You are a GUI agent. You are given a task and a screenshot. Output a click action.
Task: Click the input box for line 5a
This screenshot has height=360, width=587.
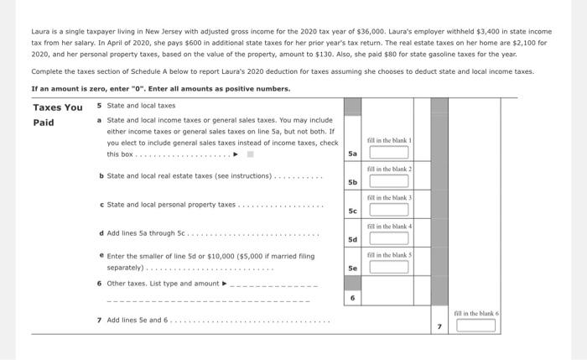[389, 153]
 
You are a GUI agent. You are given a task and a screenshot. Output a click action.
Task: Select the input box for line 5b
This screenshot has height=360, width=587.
[389, 181]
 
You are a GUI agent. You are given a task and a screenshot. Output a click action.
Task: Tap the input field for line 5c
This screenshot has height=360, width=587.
[389, 210]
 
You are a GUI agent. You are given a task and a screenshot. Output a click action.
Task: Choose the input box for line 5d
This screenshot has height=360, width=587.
[389, 238]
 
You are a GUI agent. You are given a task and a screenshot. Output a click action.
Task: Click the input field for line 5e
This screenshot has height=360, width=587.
[389, 267]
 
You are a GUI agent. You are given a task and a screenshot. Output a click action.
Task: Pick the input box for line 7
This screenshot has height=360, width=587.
[475, 326]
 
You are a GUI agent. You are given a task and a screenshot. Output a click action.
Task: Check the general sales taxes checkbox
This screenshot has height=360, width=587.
[251, 154]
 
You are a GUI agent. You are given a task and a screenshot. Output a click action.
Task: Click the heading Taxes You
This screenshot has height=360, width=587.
[58, 107]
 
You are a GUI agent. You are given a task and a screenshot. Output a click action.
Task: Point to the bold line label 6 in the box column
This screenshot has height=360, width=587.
[353, 298]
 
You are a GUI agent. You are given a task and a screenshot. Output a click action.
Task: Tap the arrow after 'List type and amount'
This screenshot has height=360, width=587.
[224, 284]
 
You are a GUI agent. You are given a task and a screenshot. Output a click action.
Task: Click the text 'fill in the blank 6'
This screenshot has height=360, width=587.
[476, 314]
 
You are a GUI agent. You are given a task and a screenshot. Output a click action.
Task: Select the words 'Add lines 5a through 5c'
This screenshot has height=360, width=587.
[146, 233]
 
